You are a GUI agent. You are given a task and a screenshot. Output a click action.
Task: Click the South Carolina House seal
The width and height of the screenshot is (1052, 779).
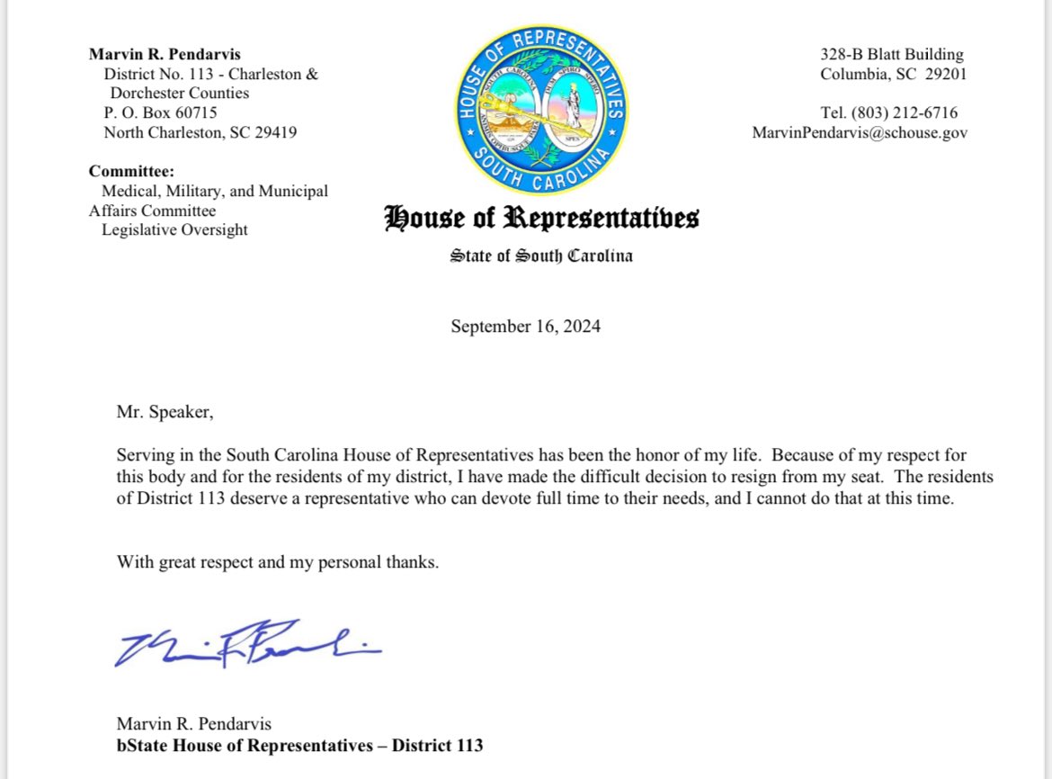540,104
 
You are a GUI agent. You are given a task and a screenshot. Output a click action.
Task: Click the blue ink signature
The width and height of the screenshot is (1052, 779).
247,644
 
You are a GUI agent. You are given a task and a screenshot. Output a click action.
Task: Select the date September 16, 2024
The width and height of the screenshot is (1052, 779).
525,326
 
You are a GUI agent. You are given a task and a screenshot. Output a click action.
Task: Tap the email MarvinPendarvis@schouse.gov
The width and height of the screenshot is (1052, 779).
860,133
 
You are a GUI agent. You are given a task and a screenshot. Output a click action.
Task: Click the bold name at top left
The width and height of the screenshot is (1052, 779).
165,55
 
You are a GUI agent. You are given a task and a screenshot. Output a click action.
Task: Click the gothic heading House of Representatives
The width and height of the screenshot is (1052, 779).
541,219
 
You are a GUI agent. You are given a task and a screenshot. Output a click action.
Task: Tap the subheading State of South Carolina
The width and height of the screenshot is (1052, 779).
541,256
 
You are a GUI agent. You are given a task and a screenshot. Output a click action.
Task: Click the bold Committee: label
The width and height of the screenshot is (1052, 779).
131,171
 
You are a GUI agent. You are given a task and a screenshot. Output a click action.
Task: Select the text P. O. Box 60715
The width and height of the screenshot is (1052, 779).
160,113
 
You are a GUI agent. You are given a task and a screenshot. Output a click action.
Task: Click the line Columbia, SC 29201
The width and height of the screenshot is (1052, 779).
893,75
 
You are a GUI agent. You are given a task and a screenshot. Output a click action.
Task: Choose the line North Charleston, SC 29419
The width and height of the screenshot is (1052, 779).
201,133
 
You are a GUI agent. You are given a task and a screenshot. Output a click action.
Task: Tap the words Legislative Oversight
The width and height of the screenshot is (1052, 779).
174,229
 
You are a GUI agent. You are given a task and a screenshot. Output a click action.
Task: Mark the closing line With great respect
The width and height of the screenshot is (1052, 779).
278,563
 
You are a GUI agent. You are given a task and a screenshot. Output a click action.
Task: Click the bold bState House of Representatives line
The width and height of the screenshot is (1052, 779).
299,746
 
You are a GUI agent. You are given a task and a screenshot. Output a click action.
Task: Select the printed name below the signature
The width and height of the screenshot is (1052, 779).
193,724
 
